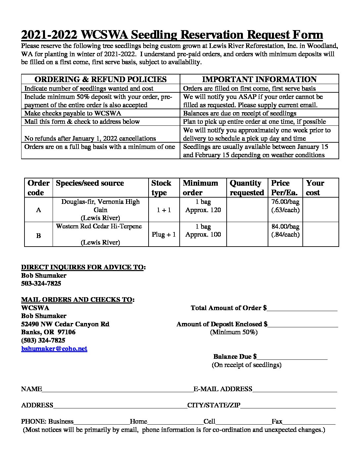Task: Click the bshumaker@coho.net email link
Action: tap(54, 349)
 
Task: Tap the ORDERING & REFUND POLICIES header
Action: tap(101, 79)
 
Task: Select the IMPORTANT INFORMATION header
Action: tap(259, 79)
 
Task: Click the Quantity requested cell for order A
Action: tap(247, 210)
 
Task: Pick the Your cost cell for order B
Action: tap(320, 234)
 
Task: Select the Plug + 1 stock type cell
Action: tap(164, 234)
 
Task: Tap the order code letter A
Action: tap(38, 210)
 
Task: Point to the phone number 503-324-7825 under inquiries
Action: tap(41, 284)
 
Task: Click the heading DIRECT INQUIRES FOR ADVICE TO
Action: tap(83, 267)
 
